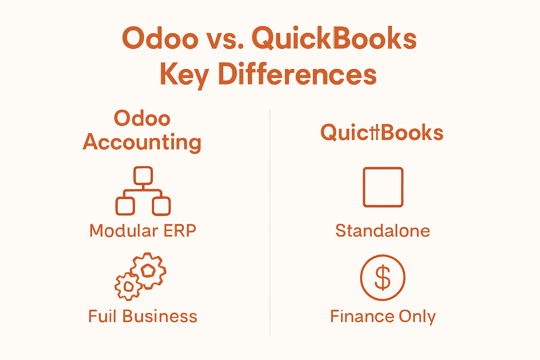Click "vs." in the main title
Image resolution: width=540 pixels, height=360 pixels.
coord(225,39)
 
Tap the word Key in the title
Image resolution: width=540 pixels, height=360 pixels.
coord(184,75)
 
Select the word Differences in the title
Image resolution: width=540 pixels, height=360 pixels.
coord(297,75)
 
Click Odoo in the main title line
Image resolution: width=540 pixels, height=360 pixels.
coord(160,39)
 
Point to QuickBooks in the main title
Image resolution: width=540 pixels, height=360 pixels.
coord(334,39)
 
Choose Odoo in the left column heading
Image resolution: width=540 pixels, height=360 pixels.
coord(142,118)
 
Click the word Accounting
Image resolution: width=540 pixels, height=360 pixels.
coord(142,142)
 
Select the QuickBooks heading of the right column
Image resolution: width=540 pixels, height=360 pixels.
coord(382,133)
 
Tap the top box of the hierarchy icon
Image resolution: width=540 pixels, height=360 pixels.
coord(143,175)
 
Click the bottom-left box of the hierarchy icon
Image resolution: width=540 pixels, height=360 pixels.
coord(125,206)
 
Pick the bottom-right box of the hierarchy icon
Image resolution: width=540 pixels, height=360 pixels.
coord(161,206)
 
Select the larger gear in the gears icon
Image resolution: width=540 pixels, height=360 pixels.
coord(148,270)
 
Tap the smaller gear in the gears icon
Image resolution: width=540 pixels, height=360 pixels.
coord(128,287)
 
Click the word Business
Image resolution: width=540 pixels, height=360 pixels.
coord(160,316)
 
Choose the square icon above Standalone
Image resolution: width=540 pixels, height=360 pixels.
coord(383,187)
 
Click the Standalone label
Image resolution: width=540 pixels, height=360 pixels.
coord(382,231)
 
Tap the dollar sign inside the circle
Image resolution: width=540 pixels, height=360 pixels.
coord(382,278)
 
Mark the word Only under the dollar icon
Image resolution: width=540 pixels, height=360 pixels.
coord(417,317)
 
